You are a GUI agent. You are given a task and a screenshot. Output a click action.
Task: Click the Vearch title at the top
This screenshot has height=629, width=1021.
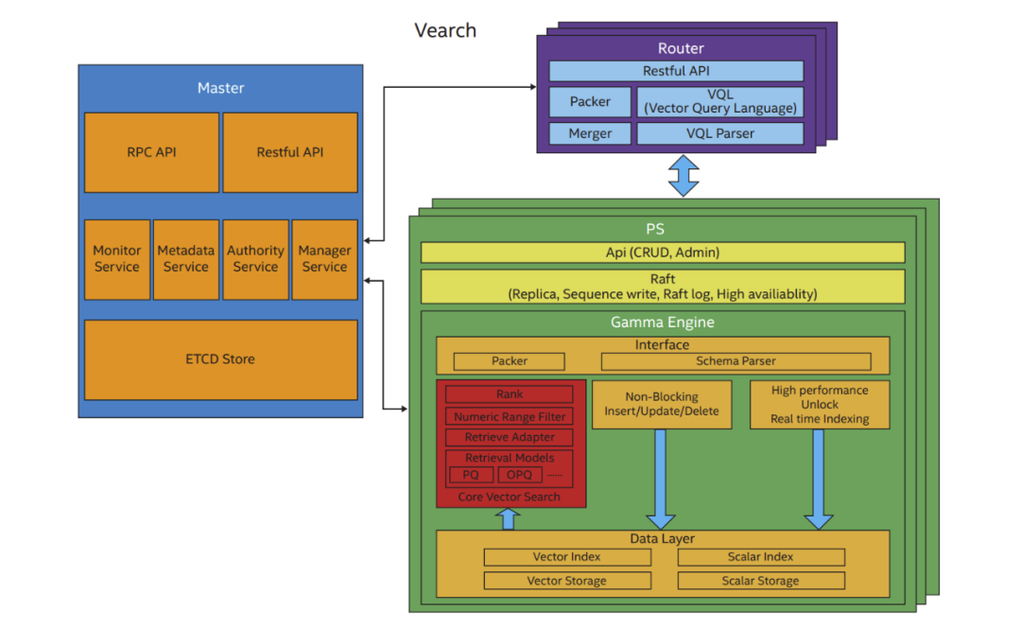445,30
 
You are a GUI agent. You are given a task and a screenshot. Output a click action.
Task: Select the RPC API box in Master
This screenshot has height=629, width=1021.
151,152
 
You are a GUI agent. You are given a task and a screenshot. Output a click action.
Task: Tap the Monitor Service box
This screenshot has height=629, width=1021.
117,259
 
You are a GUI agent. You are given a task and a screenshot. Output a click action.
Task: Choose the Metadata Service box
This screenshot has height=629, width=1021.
186,259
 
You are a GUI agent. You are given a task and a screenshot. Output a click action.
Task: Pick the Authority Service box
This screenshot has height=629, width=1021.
255,259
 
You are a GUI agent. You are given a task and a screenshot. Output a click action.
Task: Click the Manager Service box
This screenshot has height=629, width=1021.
324,259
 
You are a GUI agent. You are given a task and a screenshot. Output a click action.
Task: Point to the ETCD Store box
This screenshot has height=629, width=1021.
220,359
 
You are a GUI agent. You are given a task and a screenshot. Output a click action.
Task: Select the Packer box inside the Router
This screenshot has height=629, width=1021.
590,102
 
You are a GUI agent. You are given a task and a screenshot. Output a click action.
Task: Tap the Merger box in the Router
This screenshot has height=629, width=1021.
590,133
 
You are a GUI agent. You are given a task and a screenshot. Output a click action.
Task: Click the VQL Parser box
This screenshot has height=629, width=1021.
720,133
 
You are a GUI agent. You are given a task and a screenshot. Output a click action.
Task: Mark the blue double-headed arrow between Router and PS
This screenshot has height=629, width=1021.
683,175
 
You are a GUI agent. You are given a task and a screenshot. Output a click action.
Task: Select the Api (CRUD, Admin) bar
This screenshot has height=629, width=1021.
662,253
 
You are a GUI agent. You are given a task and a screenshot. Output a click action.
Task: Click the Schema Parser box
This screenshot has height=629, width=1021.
735,361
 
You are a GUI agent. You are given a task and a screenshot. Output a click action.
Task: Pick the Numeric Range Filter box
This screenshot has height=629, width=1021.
510,416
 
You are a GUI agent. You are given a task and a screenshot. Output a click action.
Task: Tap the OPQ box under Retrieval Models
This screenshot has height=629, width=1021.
519,475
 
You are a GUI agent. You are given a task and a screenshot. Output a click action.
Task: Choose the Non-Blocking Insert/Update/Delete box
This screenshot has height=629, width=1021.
662,404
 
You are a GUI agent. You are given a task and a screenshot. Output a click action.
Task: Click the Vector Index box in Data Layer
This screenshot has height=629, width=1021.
567,557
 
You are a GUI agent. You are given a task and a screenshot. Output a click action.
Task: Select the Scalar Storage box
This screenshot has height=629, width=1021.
760,581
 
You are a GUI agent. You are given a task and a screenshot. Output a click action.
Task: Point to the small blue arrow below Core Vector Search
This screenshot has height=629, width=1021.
509,518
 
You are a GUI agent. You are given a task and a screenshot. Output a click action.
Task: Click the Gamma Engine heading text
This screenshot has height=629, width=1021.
662,323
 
